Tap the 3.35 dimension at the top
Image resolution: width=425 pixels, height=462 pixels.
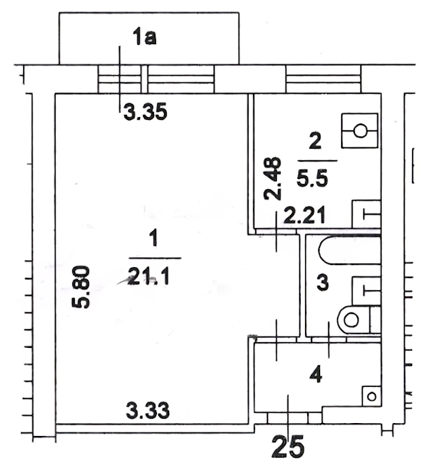point(145,112)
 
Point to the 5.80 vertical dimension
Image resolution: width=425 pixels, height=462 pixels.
point(80,287)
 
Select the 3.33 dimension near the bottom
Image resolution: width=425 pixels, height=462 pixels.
point(147,411)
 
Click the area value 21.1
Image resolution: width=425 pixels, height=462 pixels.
point(149,277)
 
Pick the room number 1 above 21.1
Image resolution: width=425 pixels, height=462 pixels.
point(154,238)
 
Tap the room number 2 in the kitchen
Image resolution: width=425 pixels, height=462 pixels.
point(315,141)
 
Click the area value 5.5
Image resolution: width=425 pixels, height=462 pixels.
point(312,178)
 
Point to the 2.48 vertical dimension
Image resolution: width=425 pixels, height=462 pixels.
point(272,178)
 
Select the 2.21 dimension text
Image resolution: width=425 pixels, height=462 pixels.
point(305,215)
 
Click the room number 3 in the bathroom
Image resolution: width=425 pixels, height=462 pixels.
point(322,282)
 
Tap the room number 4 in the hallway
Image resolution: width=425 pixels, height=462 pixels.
point(317,375)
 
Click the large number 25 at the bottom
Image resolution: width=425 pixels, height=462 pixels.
point(288,447)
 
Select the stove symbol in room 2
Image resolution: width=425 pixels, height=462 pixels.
point(359,131)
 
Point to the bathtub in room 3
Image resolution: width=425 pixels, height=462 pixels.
point(350,250)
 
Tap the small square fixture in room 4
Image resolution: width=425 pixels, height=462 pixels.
point(372,396)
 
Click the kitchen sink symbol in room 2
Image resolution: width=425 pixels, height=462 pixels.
point(366,214)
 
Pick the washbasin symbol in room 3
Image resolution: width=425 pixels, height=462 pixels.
point(366,291)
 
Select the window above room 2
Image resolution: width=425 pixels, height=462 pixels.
point(323,79)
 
